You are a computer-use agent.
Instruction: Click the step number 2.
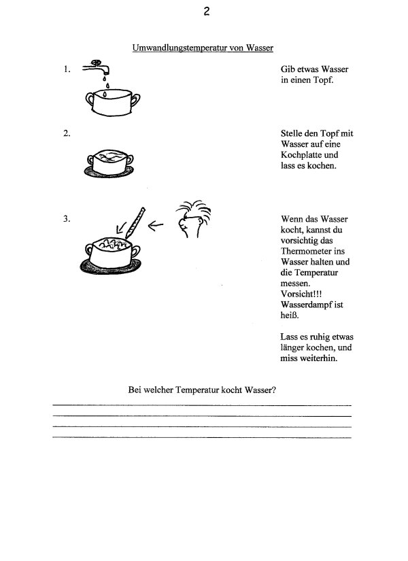(x=67, y=134)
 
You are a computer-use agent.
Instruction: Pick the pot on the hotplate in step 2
(x=113, y=161)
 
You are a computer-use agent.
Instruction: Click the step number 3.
(x=67, y=219)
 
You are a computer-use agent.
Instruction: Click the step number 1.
(x=67, y=69)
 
